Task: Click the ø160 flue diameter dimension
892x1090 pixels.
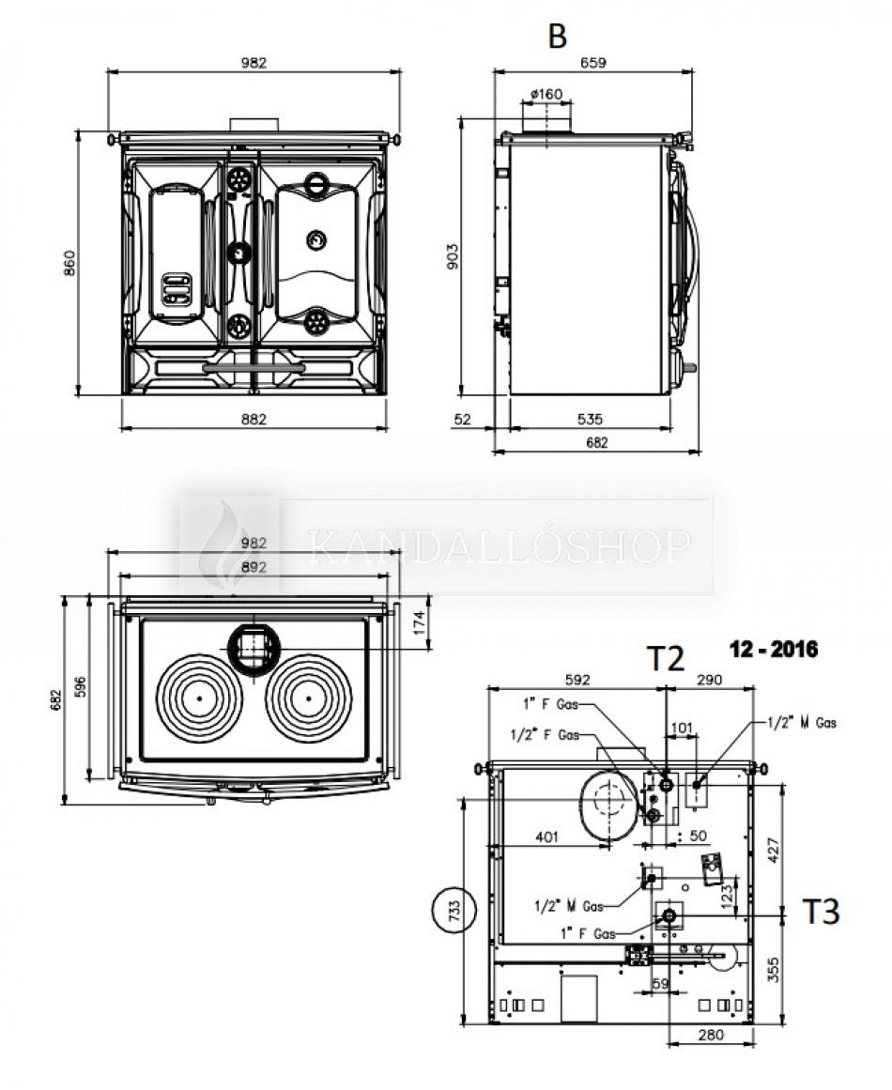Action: [x=546, y=94]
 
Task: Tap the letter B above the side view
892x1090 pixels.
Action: [x=558, y=37]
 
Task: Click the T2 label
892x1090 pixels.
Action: [x=665, y=659]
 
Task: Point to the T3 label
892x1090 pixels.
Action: [x=820, y=911]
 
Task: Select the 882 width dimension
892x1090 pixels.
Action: [x=254, y=419]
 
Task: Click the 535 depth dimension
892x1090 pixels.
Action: [x=590, y=419]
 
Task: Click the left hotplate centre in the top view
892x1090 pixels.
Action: [x=200, y=699]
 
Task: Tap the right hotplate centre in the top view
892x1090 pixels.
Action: [x=307, y=699]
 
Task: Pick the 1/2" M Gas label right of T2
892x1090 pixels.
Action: [x=801, y=722]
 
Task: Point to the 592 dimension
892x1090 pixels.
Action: [x=577, y=679]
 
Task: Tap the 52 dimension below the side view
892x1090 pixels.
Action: [x=462, y=419]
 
